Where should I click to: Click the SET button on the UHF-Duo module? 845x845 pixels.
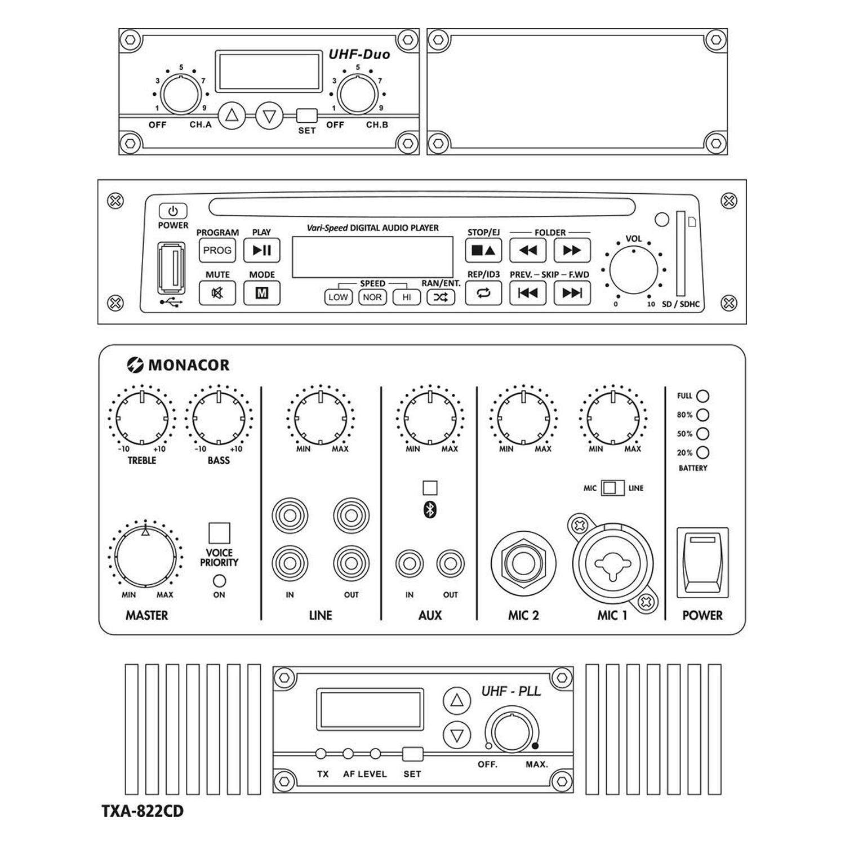click(306, 116)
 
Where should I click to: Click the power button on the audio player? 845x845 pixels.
click(172, 211)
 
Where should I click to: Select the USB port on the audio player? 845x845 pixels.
click(172, 268)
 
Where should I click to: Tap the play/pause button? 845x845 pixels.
click(261, 251)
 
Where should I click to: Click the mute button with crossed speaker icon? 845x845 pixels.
click(217, 293)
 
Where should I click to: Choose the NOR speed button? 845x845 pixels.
click(372, 297)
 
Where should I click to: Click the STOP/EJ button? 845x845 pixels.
click(483, 251)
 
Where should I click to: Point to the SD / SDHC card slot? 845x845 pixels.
click(681, 253)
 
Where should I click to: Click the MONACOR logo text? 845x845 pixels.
click(188, 365)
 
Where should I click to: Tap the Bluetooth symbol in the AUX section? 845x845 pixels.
click(430, 510)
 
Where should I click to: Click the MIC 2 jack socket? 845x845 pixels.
click(523, 564)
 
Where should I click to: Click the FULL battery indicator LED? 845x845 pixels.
click(702, 396)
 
